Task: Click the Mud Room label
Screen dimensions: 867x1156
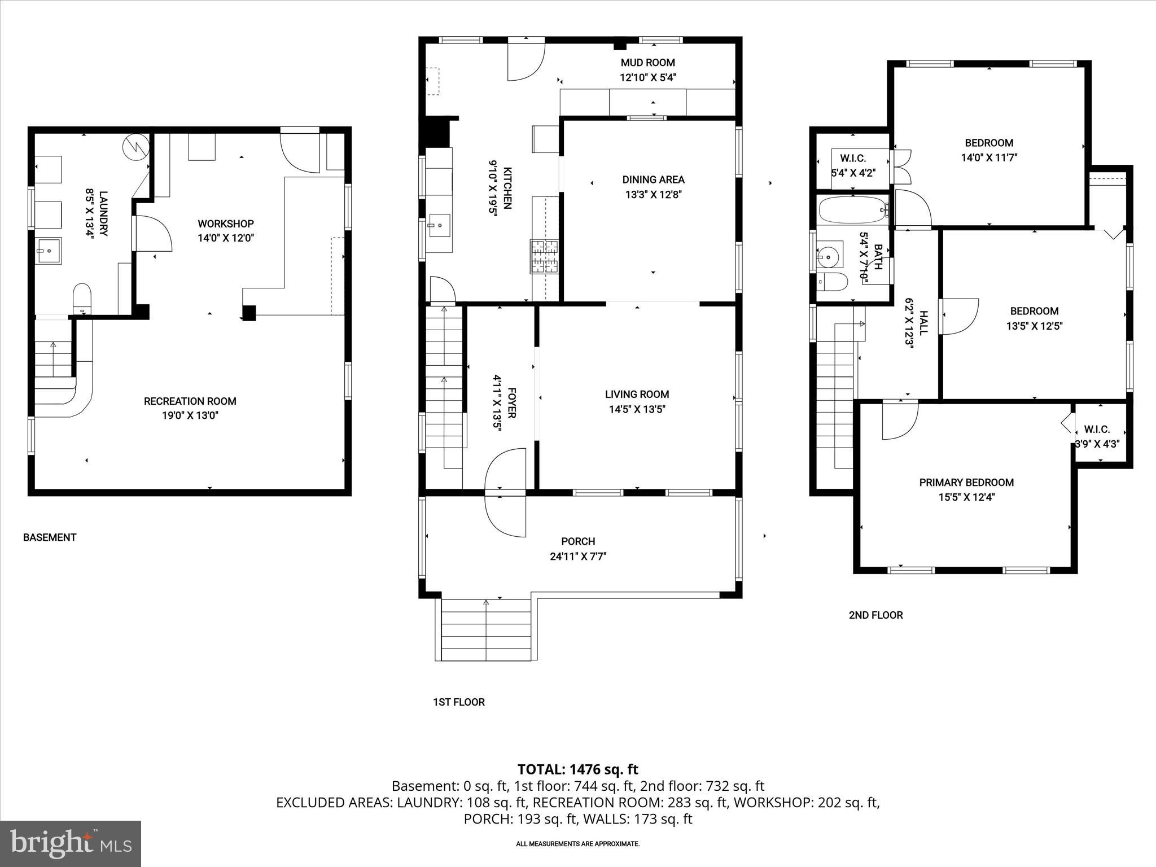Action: (647, 63)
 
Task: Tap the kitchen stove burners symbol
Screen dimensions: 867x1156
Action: (544, 257)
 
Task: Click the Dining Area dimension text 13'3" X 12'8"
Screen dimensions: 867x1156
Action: (653, 195)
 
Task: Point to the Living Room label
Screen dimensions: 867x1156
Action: (637, 395)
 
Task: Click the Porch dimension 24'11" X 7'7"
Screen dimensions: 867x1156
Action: (578, 557)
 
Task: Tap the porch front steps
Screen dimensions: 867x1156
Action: (486, 629)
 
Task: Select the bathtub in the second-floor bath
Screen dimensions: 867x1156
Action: (852, 210)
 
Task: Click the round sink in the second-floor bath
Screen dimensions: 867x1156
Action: (827, 257)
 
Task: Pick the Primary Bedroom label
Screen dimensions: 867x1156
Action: (966, 483)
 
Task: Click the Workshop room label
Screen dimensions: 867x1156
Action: (225, 224)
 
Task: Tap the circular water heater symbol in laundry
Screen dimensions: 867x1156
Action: (135, 146)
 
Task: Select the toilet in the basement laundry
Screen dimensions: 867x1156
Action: (82, 298)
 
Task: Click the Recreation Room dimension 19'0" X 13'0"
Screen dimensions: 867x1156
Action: (190, 416)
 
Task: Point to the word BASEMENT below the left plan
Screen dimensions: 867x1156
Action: (50, 537)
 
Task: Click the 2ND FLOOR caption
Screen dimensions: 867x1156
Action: (875, 615)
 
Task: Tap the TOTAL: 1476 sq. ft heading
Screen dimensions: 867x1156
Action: (577, 769)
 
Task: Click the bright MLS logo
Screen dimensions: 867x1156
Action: (71, 843)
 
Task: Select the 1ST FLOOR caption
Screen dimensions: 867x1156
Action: (458, 702)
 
